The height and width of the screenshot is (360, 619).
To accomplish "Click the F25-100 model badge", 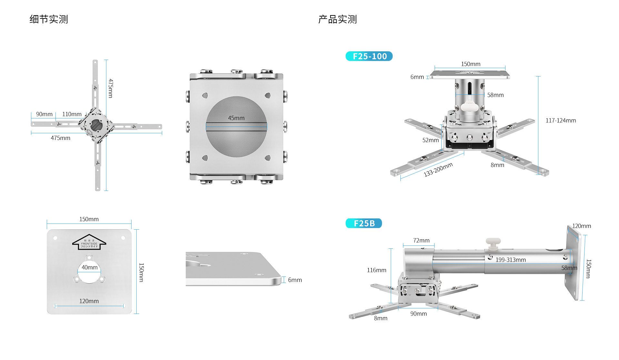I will click(x=369, y=56).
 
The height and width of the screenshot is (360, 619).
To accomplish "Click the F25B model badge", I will click(x=364, y=223).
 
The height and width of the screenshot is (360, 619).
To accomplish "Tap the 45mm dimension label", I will click(x=236, y=118).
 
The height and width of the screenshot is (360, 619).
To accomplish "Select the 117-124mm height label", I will click(x=560, y=120).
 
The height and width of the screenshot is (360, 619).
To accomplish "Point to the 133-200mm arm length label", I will click(x=438, y=169).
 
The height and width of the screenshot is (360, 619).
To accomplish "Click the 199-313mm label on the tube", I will click(x=510, y=260).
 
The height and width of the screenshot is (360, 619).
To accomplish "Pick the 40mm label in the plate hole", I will click(x=89, y=267).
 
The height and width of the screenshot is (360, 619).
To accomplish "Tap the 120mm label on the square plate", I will click(x=89, y=301).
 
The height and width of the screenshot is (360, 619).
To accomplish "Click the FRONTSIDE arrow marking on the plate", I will click(x=89, y=242).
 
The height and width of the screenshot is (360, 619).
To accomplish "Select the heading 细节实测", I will click(x=49, y=19).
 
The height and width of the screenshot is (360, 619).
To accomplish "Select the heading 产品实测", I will click(x=337, y=19).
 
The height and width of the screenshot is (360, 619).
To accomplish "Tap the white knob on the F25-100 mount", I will click(x=470, y=106).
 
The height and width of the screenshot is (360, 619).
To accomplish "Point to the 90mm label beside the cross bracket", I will click(x=44, y=114).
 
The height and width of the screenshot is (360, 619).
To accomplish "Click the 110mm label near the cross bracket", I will click(x=72, y=114).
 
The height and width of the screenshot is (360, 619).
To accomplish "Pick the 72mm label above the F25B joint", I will click(x=421, y=241).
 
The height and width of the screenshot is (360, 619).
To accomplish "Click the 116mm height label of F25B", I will click(x=376, y=270).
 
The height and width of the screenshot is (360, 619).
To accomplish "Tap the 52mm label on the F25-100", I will click(x=430, y=140).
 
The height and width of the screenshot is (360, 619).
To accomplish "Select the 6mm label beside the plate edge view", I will click(x=295, y=280).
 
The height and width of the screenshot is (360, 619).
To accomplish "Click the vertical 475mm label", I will click(x=111, y=88).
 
